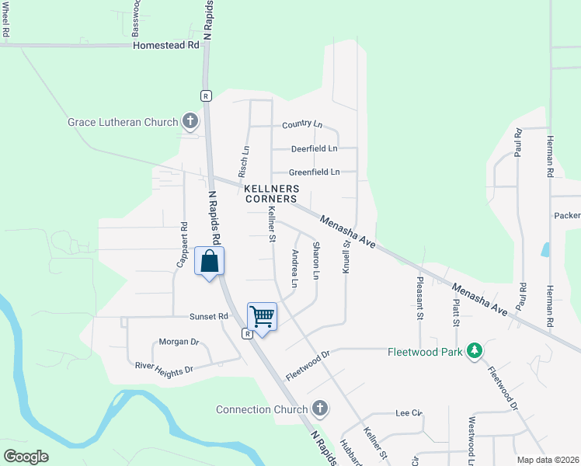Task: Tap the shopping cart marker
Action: point(263,316)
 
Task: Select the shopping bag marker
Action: point(210,262)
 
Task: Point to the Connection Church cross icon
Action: point(319,409)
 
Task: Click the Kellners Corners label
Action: point(271,193)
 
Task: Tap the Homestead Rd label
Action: point(166,45)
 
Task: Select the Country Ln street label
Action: point(302,124)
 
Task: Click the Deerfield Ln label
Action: point(314,148)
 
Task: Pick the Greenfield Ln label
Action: point(315,172)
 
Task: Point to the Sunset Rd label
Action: point(209,317)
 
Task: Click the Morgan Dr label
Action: point(179,342)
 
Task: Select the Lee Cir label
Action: point(408,413)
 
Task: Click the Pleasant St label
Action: point(420,299)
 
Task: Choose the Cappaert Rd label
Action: point(183,245)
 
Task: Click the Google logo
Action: point(26,457)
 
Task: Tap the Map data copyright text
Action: point(547,460)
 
